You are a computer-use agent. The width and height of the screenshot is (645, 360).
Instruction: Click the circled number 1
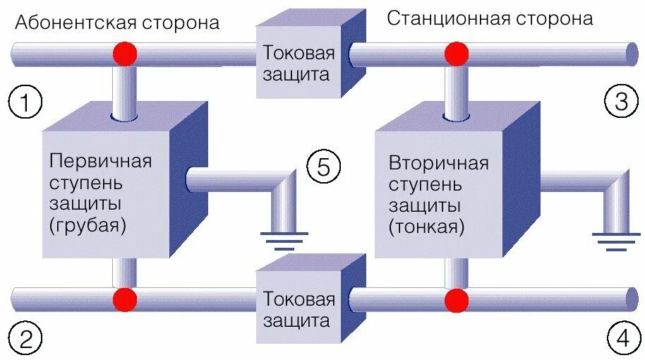pyautogui.click(x=25, y=104)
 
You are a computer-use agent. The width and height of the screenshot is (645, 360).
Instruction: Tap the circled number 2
pyautogui.click(x=25, y=342)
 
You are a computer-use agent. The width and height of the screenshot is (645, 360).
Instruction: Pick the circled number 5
pyautogui.click(x=323, y=167)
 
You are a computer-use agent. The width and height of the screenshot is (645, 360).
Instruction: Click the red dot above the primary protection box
pyautogui.click(x=125, y=54)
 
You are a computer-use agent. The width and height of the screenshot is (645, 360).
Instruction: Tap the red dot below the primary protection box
pyautogui.click(x=125, y=299)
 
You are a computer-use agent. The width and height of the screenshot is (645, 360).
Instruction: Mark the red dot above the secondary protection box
pyautogui.click(x=455, y=54)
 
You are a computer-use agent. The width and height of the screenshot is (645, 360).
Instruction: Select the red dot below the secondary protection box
pyautogui.click(x=455, y=300)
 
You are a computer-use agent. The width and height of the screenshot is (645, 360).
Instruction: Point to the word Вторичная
pyautogui.click(x=438, y=164)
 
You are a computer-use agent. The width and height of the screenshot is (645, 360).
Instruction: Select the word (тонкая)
pyautogui.click(x=427, y=227)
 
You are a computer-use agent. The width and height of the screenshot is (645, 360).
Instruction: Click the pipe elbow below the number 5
pyautogui.click(x=286, y=185)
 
